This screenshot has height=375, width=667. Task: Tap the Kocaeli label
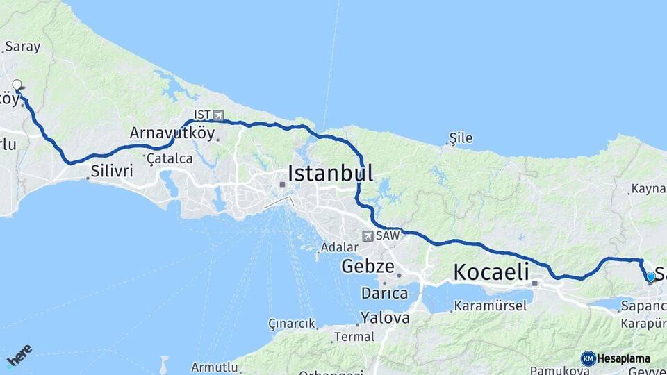point(491,272)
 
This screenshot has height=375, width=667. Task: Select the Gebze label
point(368,267)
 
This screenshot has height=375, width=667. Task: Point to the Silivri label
point(111,171)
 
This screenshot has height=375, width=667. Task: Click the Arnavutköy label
point(172,133)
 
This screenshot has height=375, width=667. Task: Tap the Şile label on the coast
point(461,138)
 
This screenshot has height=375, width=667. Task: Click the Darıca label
point(384,293)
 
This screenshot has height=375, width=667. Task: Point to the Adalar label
point(340,247)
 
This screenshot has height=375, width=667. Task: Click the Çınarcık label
point(292,324)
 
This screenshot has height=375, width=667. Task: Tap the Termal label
point(354,337)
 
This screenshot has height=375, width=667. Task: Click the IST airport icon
point(219,115)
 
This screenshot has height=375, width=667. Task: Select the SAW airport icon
point(368,236)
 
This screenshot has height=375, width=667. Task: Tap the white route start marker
point(17,85)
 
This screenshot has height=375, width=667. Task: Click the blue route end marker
point(650,276)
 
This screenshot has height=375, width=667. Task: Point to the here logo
point(19,356)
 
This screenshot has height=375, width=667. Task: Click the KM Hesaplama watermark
point(616,358)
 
